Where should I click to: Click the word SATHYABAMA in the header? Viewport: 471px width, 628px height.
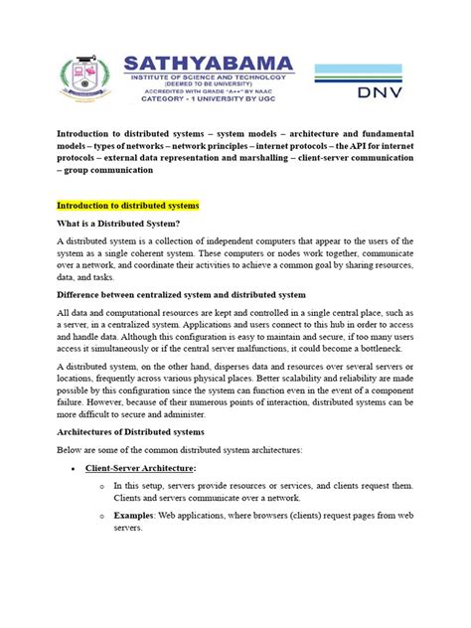click(210, 65)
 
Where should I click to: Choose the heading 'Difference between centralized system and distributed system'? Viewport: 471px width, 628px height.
click(196, 296)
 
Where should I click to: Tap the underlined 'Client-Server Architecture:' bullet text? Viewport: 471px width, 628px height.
click(141, 467)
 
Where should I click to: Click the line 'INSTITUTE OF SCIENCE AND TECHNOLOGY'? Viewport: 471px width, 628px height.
click(204, 79)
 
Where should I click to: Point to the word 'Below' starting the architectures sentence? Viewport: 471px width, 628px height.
click(71, 449)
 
